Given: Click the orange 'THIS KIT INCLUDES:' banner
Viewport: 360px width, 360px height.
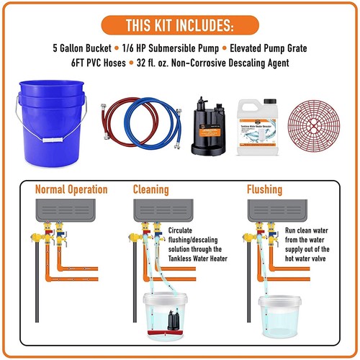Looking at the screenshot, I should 179,26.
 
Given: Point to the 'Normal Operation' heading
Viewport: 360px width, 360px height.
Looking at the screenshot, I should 71,190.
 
